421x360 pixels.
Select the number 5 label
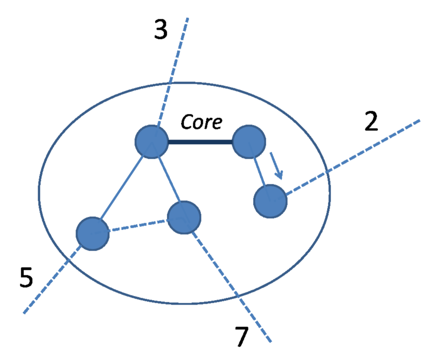click(26, 277)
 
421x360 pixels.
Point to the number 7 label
click(242, 336)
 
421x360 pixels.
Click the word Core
click(201, 122)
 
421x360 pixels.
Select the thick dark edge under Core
click(200, 142)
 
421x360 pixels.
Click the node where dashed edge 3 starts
click(151, 142)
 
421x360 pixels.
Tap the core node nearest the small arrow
click(249, 142)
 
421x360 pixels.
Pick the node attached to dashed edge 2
click(270, 201)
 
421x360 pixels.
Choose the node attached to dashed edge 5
click(93, 234)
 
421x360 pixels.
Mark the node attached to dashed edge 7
click(184, 217)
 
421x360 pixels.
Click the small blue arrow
click(276, 165)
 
